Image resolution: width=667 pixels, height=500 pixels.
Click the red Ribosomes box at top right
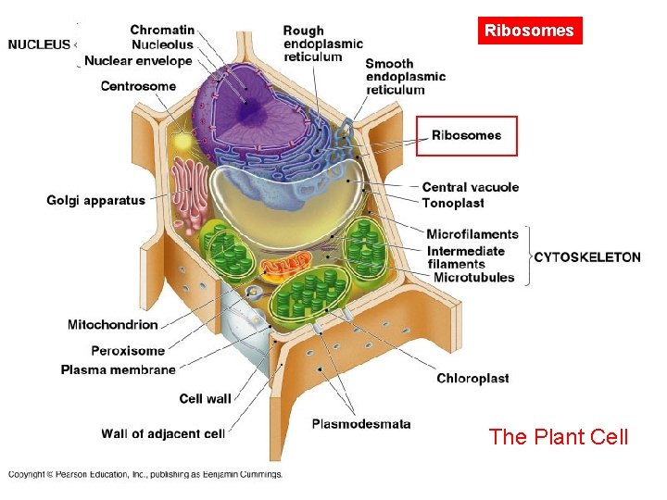click(x=529, y=31)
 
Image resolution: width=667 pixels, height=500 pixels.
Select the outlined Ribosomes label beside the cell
click(x=467, y=135)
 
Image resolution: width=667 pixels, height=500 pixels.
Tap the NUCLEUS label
click(x=39, y=44)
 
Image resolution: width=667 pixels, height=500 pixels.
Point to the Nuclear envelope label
click(x=138, y=61)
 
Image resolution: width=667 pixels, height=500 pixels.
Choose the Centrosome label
click(x=138, y=86)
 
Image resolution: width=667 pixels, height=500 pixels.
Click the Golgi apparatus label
click(x=95, y=200)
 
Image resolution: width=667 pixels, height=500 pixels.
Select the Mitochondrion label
click(x=112, y=324)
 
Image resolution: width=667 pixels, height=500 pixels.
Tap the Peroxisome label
click(x=127, y=351)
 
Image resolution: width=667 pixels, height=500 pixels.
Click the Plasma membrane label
click(x=118, y=369)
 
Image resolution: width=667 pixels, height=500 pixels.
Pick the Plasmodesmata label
click(x=360, y=424)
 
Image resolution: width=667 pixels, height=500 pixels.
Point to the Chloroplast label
click(x=472, y=378)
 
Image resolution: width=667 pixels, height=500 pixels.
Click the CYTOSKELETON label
click(x=587, y=256)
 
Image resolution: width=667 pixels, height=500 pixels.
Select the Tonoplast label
click(x=453, y=203)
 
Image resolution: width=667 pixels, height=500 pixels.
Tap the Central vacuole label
click(x=470, y=187)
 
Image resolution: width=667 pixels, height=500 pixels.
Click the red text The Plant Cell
click(x=558, y=436)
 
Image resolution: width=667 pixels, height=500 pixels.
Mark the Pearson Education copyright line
click(x=145, y=474)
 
